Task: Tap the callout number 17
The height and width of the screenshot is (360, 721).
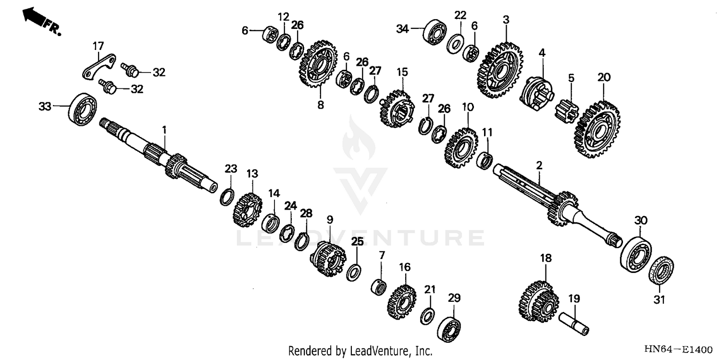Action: [98, 47]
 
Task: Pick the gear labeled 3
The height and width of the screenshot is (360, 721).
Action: [500, 70]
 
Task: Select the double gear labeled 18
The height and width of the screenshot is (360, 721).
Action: [538, 302]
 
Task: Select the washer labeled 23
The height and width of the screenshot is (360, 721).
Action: [227, 197]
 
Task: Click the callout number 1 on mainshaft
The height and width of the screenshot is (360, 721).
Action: [164, 130]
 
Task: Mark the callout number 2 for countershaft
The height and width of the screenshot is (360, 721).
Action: [539, 165]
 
